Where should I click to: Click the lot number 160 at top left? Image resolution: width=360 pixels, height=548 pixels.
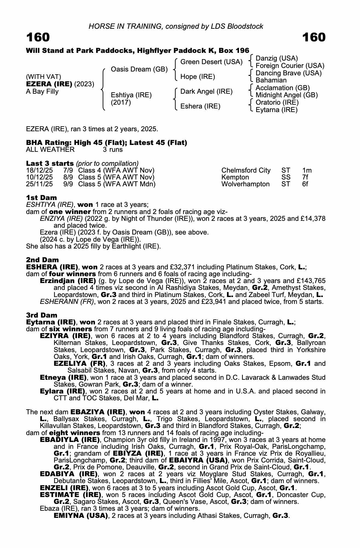[38, 38]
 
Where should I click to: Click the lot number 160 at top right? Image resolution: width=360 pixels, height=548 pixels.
[314, 38]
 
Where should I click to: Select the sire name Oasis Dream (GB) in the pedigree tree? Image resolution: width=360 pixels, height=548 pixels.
[139, 69]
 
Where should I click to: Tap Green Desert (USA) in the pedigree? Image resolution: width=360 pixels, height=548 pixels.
[211, 62]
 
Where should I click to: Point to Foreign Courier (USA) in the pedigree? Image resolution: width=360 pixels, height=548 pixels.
[290, 66]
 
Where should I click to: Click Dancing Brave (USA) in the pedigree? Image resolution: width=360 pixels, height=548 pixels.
[289, 73]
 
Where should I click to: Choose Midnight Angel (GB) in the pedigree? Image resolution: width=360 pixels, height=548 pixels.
[287, 95]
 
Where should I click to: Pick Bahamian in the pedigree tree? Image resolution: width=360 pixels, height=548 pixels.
[271, 80]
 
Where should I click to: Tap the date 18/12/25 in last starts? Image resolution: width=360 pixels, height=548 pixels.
[39, 170]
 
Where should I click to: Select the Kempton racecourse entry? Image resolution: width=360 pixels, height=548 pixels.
[235, 177]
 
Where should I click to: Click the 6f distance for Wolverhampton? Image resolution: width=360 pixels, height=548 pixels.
[305, 184]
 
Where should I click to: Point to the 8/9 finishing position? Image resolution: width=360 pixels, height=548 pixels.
[68, 177]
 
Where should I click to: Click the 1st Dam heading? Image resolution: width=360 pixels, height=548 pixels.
[42, 198]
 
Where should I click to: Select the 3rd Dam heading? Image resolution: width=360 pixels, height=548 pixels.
[42, 315]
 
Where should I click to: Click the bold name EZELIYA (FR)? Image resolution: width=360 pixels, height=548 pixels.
[80, 364]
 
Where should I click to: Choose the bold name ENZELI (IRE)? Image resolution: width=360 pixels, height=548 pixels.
[64, 488]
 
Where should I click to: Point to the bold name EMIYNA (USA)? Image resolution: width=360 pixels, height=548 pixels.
[80, 516]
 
